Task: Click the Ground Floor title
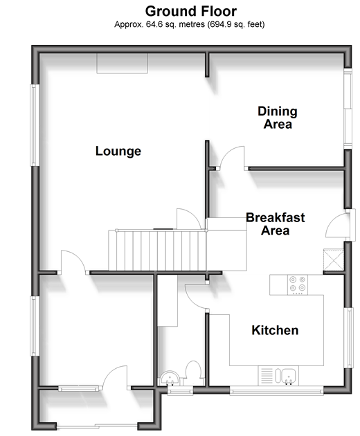click(x=191, y=12)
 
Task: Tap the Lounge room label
click(x=118, y=152)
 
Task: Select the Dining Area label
click(x=278, y=118)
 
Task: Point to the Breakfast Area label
click(x=275, y=224)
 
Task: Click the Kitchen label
click(x=275, y=330)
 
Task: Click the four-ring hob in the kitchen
click(x=298, y=284)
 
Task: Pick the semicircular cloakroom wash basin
click(x=170, y=378)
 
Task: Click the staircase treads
click(x=157, y=251)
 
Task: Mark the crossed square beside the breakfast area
click(x=334, y=260)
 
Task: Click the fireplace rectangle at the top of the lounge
click(x=122, y=63)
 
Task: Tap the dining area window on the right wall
click(x=348, y=109)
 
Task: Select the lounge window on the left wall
click(x=35, y=125)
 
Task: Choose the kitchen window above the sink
click(x=277, y=392)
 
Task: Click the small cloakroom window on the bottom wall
click(x=180, y=392)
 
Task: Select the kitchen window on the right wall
click(x=349, y=338)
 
